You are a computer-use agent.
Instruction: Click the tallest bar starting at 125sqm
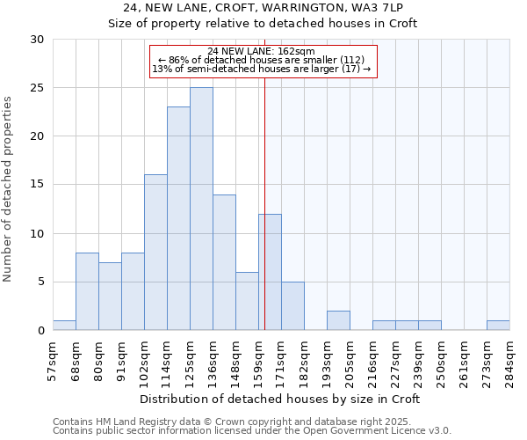tap(201, 209)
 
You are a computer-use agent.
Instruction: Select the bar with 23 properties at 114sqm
tap(178, 218)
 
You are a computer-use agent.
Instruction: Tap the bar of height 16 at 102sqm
tap(155, 253)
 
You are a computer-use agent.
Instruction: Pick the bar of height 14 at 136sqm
tap(224, 262)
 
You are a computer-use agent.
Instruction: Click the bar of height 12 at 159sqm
tap(270, 272)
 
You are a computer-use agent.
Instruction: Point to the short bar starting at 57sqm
tap(64, 326)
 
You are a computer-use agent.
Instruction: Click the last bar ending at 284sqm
tap(498, 326)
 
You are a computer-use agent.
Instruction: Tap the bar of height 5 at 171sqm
tap(292, 306)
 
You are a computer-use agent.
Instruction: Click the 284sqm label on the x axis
tap(509, 359)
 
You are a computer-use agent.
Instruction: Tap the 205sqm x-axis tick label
tap(350, 359)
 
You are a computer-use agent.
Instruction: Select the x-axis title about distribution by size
tap(281, 399)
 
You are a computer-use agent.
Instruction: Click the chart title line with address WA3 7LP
tap(263, 8)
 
